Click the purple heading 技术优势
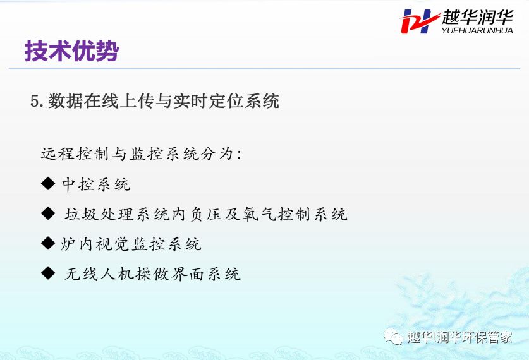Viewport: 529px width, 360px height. pos(71,51)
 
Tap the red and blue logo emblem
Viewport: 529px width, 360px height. pos(420,21)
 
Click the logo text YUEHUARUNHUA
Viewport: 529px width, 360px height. pos(477,30)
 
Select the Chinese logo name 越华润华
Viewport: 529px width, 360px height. pos(478,17)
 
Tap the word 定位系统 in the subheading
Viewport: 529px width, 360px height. pos(244,101)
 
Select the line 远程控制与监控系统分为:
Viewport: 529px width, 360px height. pos(141,153)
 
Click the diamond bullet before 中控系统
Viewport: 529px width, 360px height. pos(48,183)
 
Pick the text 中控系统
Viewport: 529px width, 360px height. pos(96,184)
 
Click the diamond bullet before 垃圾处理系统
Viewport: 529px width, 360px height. pos(48,213)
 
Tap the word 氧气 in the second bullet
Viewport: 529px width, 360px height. pos(258,214)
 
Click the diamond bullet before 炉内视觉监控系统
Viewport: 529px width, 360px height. pos(48,243)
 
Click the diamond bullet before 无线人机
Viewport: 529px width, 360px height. pos(48,273)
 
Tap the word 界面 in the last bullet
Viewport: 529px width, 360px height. pos(187,274)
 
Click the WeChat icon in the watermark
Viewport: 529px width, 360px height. pos(393,337)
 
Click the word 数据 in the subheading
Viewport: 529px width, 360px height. pos(65,101)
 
